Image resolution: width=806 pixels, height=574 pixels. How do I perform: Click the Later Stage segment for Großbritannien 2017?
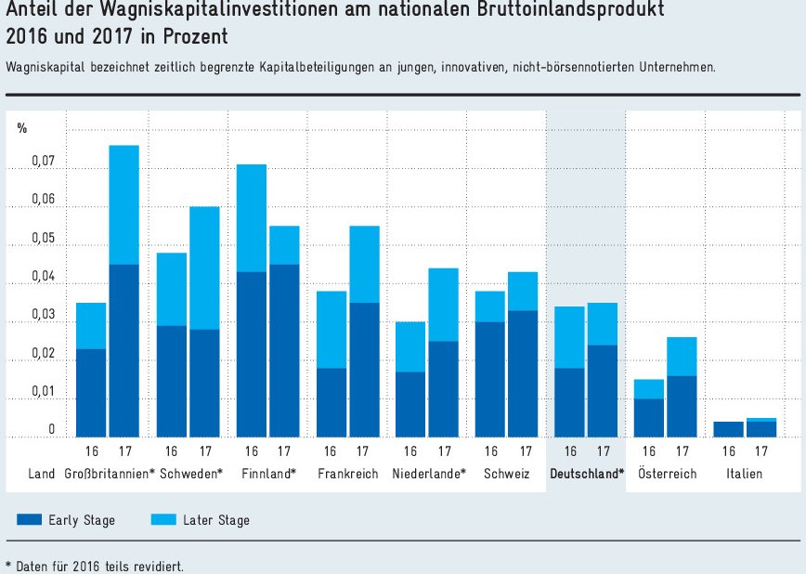click(x=124, y=204)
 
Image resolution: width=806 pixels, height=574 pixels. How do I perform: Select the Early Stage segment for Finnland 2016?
click(x=252, y=354)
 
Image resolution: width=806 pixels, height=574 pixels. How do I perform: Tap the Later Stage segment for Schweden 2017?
click(x=204, y=267)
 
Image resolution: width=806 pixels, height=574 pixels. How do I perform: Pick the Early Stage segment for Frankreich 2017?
click(x=364, y=370)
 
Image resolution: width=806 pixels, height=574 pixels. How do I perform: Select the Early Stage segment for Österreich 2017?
click(x=682, y=406)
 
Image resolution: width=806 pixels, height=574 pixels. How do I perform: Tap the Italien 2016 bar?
click(x=728, y=429)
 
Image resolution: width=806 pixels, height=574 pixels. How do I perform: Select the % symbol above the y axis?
click(x=22, y=128)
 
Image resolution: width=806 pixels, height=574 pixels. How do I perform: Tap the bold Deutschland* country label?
click(x=587, y=474)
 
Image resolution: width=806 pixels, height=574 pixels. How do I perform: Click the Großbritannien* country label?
click(x=110, y=474)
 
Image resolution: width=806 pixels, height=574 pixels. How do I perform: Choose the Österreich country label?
click(x=667, y=474)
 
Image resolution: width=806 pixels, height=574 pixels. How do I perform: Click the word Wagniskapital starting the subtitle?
click(x=41, y=68)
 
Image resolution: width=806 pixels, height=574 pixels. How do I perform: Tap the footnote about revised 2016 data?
click(x=94, y=565)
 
